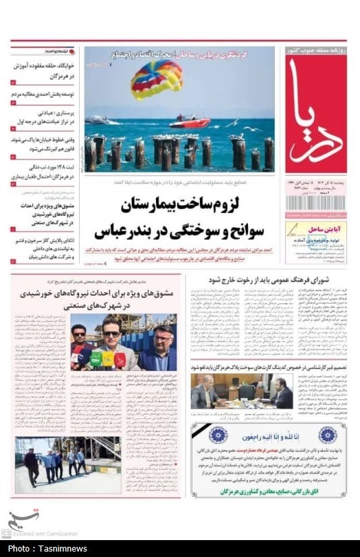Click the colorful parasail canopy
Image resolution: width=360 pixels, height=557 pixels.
coord(157,78)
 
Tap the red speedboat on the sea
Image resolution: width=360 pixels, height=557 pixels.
coord(188,122)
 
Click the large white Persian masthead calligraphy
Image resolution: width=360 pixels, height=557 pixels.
coord(315,115)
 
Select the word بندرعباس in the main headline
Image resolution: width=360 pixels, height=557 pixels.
coord(121,231)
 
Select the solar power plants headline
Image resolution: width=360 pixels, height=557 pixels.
coord(126,300)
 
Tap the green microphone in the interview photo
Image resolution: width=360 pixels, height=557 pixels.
coord(96,358)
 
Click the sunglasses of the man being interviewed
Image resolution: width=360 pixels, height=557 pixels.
coord(111,333)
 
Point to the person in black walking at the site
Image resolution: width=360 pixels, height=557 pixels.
coord(31,466)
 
